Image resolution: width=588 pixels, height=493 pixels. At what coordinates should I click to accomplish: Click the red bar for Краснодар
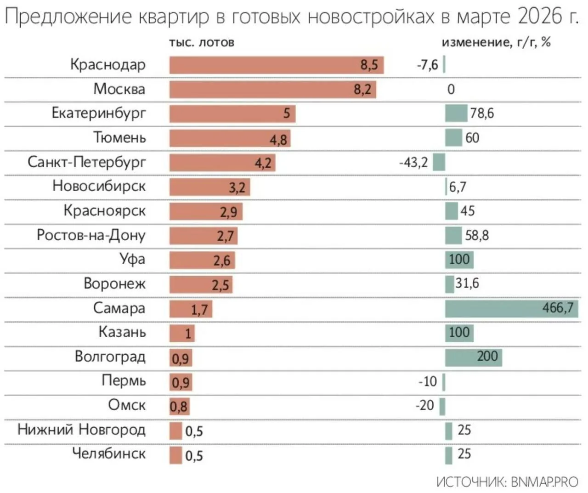276,65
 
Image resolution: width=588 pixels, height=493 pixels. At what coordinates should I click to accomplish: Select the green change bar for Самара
511,308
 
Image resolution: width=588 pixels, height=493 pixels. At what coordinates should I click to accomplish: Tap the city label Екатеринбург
98,113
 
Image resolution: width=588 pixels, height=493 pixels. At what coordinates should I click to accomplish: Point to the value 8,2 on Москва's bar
362,89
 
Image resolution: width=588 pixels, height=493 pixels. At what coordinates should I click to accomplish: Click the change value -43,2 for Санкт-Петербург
413,162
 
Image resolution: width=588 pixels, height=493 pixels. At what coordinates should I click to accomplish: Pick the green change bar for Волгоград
473,357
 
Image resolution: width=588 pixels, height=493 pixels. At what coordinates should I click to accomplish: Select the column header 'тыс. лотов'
201,43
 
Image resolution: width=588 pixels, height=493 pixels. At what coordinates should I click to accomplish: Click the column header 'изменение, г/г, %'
496,42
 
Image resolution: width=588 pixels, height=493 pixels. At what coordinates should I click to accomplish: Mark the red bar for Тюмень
230,138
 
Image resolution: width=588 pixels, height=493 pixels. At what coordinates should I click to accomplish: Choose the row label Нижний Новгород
81,430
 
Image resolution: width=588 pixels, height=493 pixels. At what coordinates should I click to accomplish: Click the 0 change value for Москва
451,89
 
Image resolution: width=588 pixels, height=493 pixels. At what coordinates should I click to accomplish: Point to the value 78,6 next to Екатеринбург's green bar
481,113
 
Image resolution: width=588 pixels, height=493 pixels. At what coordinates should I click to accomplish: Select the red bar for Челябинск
175,455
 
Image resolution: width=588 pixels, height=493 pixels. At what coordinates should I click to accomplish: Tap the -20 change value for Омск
424,405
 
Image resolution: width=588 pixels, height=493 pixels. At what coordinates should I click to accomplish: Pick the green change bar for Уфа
459,260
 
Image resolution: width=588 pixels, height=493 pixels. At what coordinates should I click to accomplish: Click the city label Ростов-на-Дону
91,235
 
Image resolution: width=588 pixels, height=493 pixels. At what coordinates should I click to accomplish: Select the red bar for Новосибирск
209,187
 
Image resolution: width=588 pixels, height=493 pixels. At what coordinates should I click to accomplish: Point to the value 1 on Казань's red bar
188,333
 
